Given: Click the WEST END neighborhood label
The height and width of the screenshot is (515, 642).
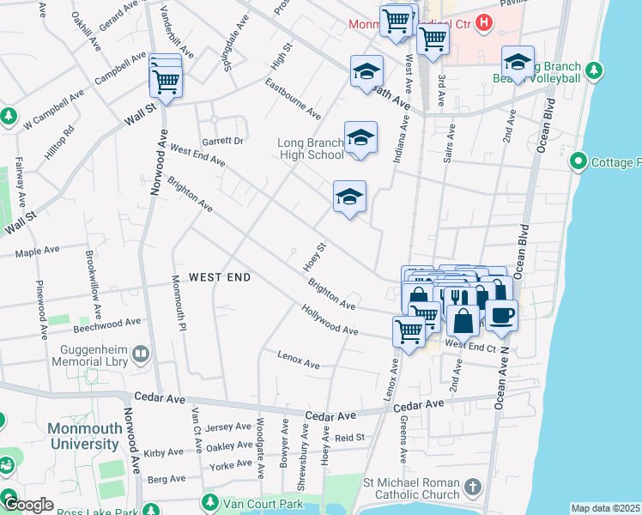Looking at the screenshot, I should pyautogui.click(x=220, y=277).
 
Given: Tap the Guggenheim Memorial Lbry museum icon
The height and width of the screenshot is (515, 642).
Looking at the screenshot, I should pyautogui.click(x=140, y=352).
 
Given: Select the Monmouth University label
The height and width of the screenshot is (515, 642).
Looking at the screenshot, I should pyautogui.click(x=83, y=437).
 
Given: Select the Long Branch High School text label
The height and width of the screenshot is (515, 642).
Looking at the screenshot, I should pyautogui.click(x=311, y=148).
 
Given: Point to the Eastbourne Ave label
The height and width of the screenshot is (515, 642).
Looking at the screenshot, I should pyautogui.click(x=293, y=100).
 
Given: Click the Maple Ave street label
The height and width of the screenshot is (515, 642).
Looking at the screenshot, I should pyautogui.click(x=38, y=251).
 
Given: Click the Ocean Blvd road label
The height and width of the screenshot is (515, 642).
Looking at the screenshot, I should pyautogui.click(x=542, y=124).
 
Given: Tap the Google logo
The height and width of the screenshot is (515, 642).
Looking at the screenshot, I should pyautogui.click(x=29, y=505).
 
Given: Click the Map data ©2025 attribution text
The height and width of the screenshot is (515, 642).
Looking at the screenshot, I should pyautogui.click(x=605, y=508).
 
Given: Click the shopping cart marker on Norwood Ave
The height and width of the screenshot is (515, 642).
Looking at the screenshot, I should pyautogui.click(x=165, y=83).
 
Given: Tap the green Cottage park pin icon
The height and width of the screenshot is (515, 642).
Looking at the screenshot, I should pyautogui.click(x=578, y=161).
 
